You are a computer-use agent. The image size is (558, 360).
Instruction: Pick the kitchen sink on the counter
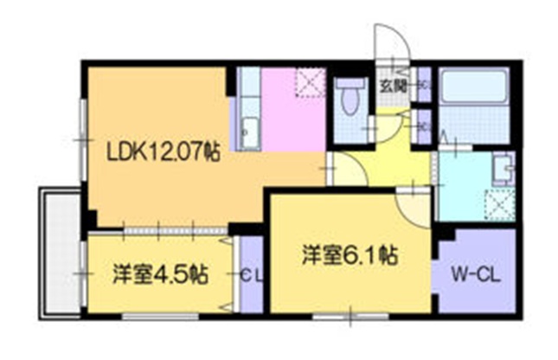pyautogui.click(x=249, y=131)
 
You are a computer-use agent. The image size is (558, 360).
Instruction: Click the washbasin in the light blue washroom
pyautogui.click(x=502, y=166)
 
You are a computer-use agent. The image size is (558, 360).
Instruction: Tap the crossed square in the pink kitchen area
pyautogui.click(x=309, y=85)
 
